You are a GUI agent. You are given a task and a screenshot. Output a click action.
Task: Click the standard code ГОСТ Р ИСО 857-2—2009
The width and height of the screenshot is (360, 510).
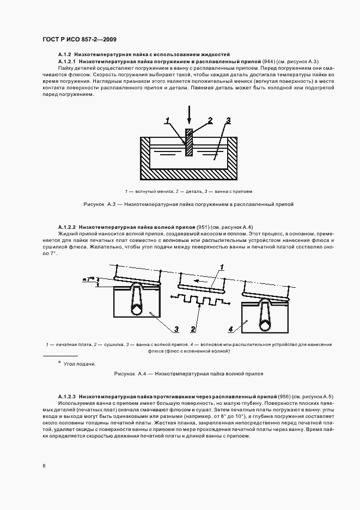pyautogui.click(x=79, y=39)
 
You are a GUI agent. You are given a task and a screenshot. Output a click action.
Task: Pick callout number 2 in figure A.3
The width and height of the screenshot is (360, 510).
pyautogui.click(x=210, y=120)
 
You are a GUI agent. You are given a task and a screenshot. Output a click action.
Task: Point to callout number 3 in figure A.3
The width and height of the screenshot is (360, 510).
pyautogui.click(x=228, y=120)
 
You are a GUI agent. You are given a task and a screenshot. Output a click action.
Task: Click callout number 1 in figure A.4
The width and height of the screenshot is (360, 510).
pyautogui.click(x=222, y=266)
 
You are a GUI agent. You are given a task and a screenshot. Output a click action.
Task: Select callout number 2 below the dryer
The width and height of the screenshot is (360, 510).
pyautogui.click(x=193, y=329)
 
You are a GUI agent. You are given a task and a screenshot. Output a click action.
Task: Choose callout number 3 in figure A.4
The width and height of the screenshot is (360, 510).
pyautogui.click(x=176, y=329)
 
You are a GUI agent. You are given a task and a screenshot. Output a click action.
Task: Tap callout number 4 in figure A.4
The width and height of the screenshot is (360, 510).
pyautogui.click(x=230, y=329)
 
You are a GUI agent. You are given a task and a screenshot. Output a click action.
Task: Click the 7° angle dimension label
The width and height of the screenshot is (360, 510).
pyautogui.click(x=89, y=279)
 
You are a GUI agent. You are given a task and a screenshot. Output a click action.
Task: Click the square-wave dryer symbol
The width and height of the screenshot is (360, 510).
pyautogui.click(x=198, y=300)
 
